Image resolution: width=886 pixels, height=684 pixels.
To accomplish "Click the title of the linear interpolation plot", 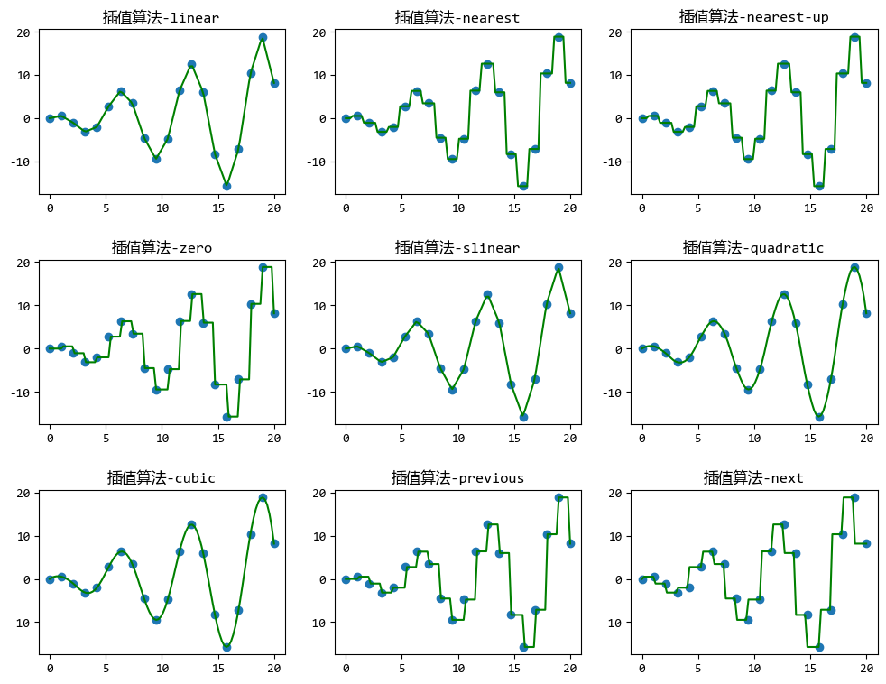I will click(x=162, y=17).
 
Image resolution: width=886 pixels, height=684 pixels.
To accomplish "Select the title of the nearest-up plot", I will click(x=753, y=17).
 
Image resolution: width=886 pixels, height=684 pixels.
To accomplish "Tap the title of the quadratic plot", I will click(x=753, y=247).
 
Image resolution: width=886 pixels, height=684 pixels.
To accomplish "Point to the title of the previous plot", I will click(x=457, y=477).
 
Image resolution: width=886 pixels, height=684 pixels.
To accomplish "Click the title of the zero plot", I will click(x=162, y=247).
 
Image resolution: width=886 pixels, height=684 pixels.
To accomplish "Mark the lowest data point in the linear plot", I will click(x=226, y=186).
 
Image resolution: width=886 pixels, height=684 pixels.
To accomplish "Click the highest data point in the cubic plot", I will click(x=263, y=497).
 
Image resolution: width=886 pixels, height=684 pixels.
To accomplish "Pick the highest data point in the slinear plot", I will click(x=558, y=267).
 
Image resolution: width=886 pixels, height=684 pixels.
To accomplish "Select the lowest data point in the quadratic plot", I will click(x=819, y=417).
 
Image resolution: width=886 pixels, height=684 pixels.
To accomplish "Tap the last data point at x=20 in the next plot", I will click(x=866, y=543).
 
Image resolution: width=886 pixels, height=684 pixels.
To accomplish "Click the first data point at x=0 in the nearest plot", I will click(x=346, y=118).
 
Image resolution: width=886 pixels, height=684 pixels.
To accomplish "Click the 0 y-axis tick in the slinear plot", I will click(x=324, y=349).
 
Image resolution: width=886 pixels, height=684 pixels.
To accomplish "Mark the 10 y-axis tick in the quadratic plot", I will click(x=620, y=306).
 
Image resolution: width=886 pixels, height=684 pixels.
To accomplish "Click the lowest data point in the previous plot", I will click(x=523, y=647).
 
